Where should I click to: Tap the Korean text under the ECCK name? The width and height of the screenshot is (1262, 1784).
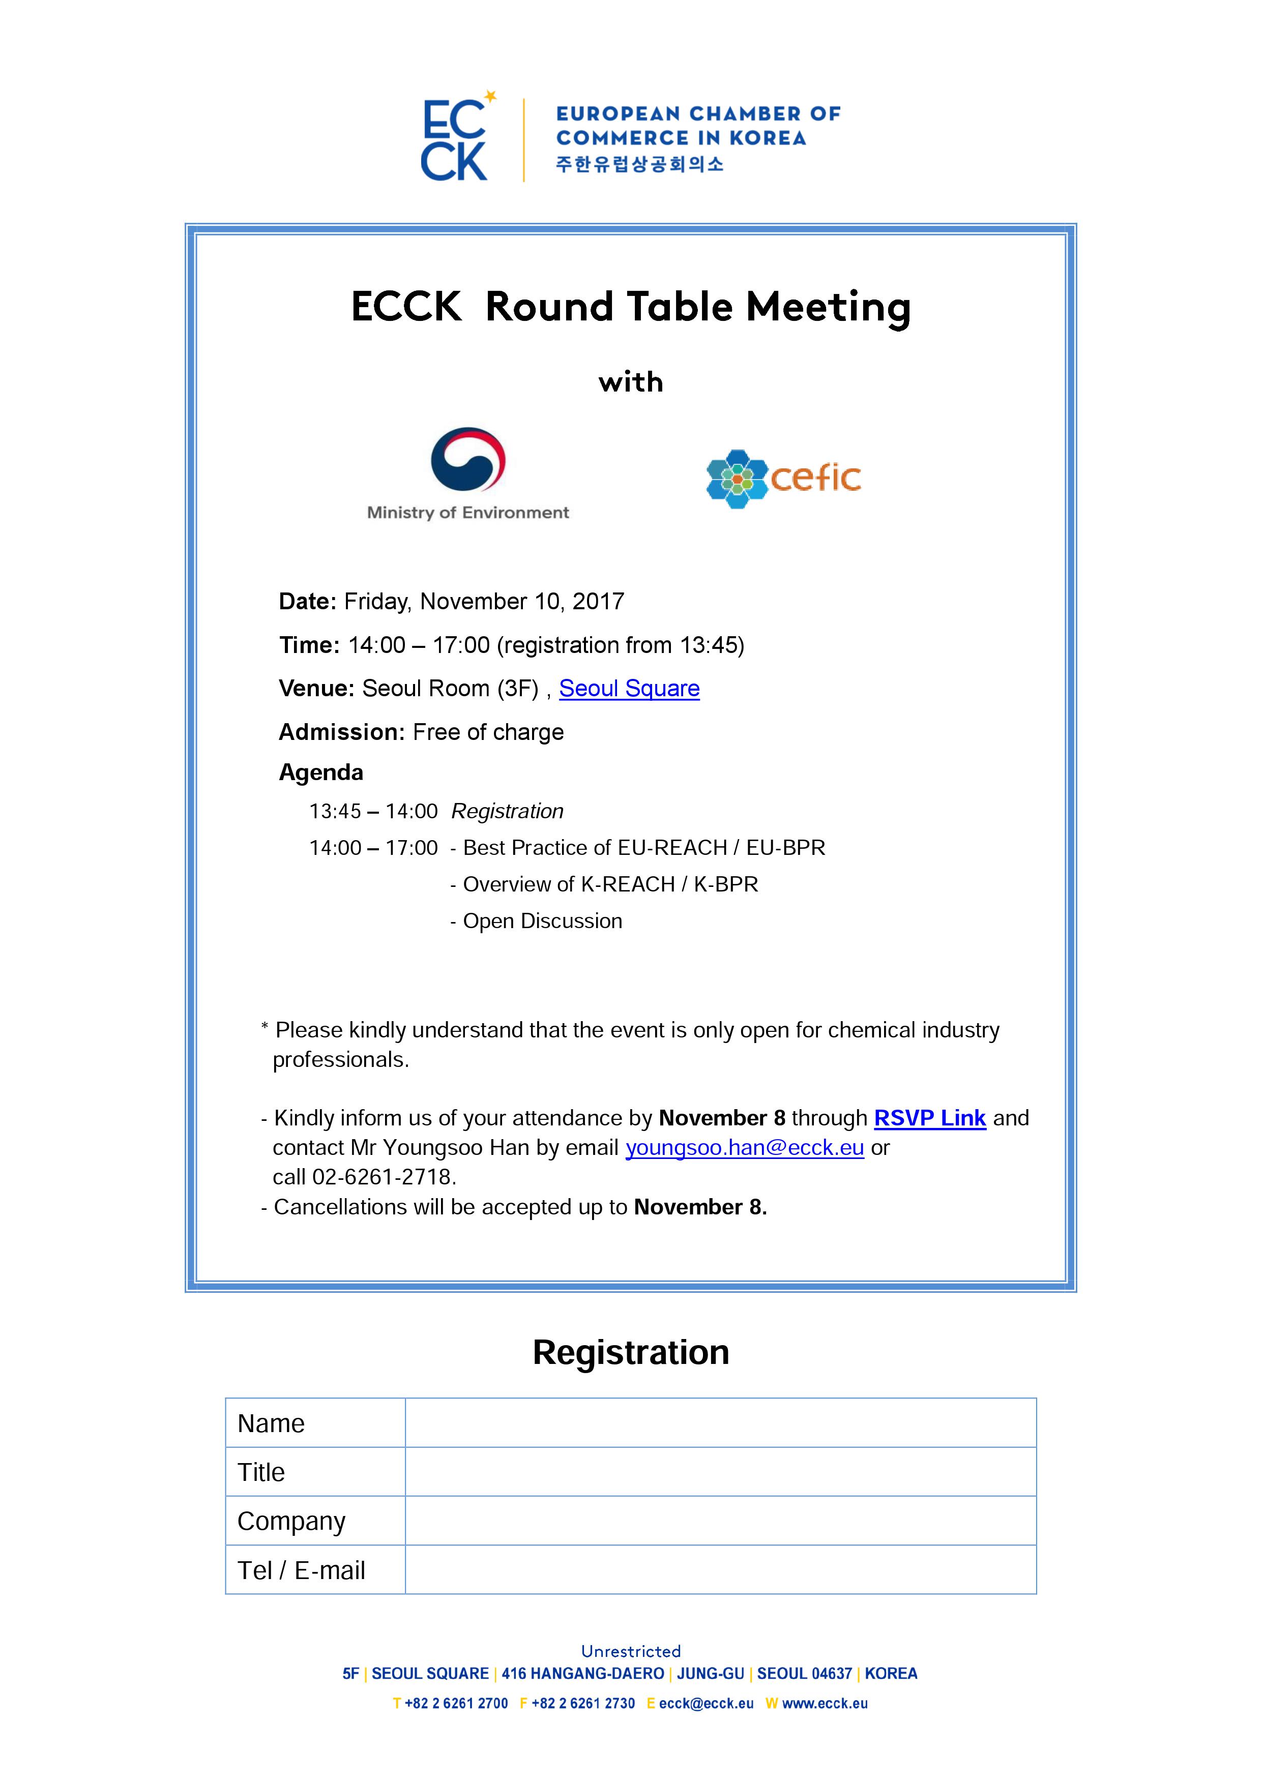coord(639,164)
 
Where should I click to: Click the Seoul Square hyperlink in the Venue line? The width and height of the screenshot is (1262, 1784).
coord(629,689)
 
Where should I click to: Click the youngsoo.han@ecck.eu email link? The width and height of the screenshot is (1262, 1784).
coord(745,1148)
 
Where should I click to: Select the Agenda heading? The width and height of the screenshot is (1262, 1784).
coord(321,772)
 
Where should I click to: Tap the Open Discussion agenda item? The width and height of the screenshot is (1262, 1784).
coord(542,921)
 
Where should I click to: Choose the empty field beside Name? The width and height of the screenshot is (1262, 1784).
coord(720,1423)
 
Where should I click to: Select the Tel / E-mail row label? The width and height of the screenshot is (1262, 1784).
coord(302,1570)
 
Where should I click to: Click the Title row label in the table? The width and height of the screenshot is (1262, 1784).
coord(261,1472)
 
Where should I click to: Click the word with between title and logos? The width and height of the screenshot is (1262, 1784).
coord(630,382)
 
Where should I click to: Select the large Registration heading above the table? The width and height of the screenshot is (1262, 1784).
coord(631,1353)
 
